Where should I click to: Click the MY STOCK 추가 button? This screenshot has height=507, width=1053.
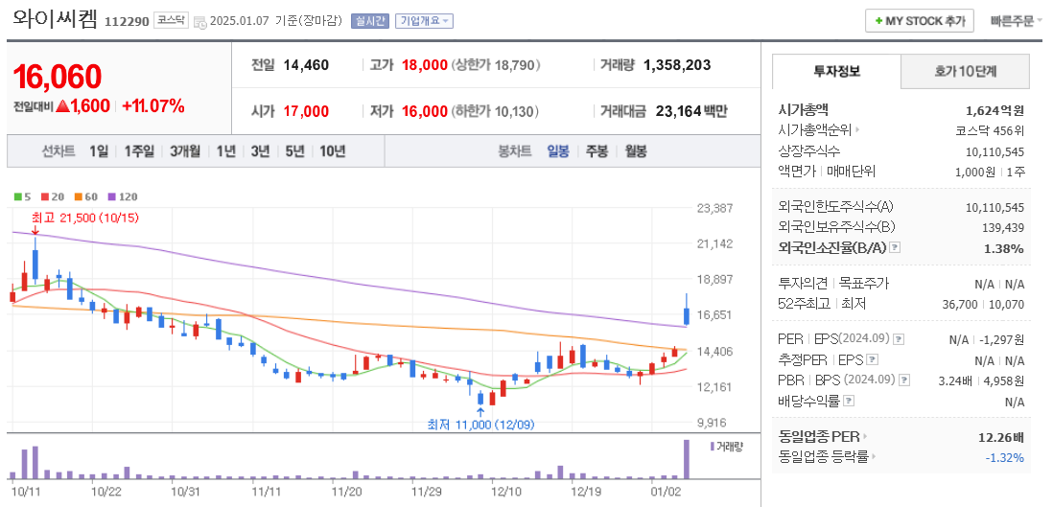[x=919, y=20]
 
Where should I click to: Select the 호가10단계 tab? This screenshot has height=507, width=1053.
[x=965, y=71]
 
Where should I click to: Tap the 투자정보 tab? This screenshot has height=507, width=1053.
[x=836, y=71]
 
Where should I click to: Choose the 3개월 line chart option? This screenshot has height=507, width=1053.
[x=185, y=150]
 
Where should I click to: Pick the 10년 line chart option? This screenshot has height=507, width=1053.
[x=333, y=150]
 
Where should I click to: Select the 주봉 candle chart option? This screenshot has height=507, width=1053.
[x=597, y=150]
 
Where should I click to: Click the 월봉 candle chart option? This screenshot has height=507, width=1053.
[x=635, y=150]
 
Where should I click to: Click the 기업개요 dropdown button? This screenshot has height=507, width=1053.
[x=425, y=20]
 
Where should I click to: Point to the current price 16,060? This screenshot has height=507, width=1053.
[x=58, y=78]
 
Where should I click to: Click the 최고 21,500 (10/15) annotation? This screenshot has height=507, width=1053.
[x=85, y=219]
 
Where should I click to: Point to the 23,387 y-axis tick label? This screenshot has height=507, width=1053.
[x=714, y=208]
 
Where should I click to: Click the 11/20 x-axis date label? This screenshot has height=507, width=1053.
[x=345, y=491]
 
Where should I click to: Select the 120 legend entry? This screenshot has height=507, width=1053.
[x=122, y=196]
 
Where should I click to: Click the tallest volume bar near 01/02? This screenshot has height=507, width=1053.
[x=687, y=459]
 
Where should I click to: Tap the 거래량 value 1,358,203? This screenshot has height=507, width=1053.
[x=677, y=65]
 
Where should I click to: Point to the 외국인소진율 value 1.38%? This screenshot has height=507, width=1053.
[x=1003, y=248]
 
